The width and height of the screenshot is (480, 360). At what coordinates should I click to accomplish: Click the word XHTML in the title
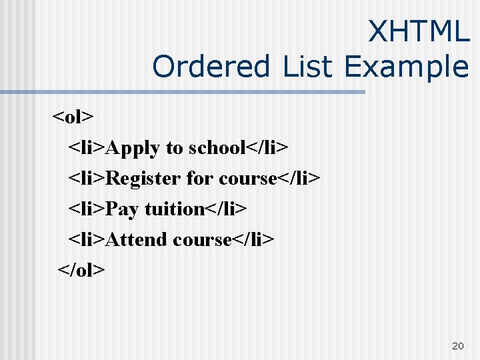click(x=419, y=31)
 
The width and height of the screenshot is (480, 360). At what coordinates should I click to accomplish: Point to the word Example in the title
click(x=407, y=67)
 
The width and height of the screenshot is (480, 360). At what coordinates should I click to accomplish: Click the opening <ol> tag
click(x=73, y=117)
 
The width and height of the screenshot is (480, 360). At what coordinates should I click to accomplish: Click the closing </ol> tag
click(x=81, y=270)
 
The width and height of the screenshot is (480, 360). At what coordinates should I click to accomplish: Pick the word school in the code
click(x=218, y=147)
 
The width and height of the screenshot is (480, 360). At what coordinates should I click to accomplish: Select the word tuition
click(x=174, y=209)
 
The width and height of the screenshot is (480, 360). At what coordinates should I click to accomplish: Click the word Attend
click(x=137, y=239)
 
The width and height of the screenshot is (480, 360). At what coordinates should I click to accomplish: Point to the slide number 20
click(x=457, y=345)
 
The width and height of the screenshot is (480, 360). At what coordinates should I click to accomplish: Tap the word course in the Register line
click(x=247, y=179)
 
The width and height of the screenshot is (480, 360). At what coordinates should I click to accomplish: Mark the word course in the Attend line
click(x=201, y=239)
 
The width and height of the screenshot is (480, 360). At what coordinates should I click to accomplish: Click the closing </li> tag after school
click(x=268, y=147)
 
